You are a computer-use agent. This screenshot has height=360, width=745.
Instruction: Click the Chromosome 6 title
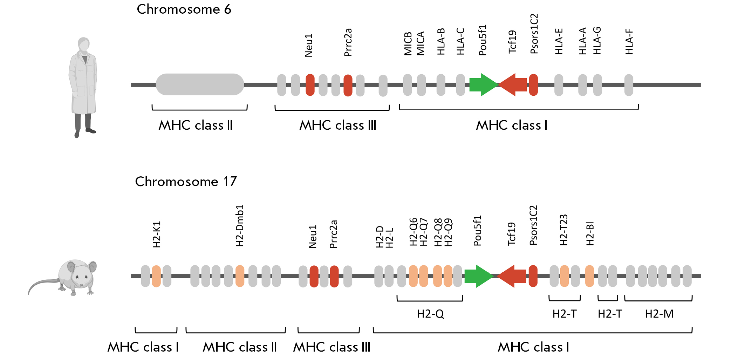click(x=184, y=9)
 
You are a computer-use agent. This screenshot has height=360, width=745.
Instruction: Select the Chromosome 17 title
click(x=186, y=182)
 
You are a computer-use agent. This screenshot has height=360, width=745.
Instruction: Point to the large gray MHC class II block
click(x=200, y=84)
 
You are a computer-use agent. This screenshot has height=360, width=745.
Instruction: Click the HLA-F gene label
click(x=629, y=42)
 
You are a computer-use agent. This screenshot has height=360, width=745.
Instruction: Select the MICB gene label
click(x=408, y=44)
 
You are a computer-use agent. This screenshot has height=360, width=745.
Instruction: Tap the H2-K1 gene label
click(x=157, y=234)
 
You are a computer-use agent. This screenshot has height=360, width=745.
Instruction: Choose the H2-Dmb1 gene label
click(x=239, y=226)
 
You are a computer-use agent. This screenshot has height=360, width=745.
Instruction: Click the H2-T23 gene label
click(x=563, y=230)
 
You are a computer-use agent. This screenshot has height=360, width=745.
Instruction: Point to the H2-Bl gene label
click(x=590, y=233)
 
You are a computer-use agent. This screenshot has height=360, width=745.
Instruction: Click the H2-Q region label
click(x=430, y=314)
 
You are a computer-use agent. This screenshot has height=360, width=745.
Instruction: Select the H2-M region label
click(x=659, y=314)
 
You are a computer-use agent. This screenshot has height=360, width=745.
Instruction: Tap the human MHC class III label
click(x=337, y=125)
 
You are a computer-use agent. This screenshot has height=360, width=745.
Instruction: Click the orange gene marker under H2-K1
click(x=156, y=276)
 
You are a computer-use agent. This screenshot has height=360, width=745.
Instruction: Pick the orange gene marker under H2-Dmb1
click(x=240, y=276)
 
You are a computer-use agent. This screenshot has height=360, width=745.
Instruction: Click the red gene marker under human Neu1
click(x=310, y=85)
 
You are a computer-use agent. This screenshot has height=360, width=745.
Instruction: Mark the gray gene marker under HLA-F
click(x=629, y=85)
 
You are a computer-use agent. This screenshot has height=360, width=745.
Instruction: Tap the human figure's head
click(x=84, y=44)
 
